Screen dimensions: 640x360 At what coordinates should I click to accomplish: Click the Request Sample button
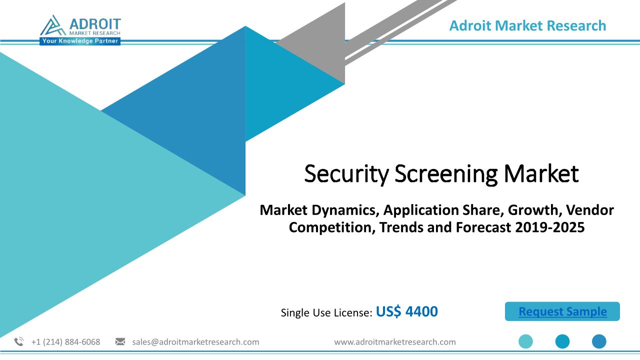[562, 311]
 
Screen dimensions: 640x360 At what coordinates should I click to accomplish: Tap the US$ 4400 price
[406, 311]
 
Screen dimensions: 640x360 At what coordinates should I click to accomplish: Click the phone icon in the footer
[19, 341]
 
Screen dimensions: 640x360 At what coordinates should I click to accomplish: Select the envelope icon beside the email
[120, 341]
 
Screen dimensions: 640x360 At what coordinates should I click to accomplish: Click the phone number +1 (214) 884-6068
[65, 342]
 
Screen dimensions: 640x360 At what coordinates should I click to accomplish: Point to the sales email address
[195, 342]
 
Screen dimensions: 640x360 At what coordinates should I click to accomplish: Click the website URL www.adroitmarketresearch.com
[395, 342]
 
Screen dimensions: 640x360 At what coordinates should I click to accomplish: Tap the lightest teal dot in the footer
[525, 341]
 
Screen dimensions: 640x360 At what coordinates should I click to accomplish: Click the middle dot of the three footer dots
[562, 341]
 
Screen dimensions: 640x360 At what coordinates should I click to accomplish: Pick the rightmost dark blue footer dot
[599, 341]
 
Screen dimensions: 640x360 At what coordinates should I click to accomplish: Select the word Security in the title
[346, 174]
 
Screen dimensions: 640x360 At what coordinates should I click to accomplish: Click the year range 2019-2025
[550, 227]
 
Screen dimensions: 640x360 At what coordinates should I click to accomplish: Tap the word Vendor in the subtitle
[589, 210]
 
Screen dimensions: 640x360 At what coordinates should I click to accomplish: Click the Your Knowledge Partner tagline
[80, 41]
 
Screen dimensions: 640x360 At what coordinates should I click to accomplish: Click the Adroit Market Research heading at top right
[527, 25]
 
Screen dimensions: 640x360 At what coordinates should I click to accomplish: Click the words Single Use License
[326, 312]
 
